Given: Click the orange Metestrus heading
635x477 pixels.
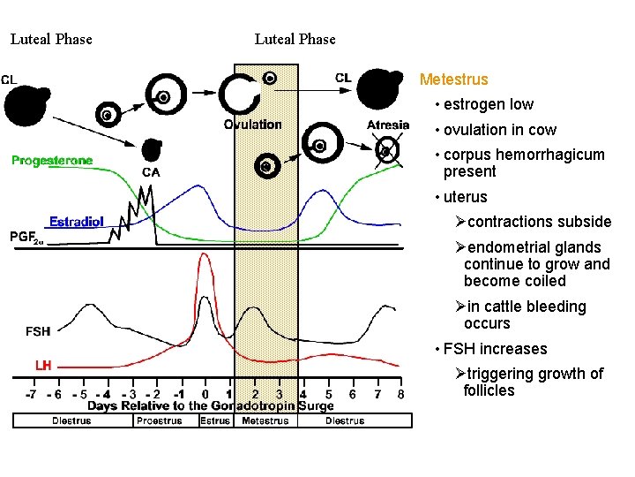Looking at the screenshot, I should point(453,79).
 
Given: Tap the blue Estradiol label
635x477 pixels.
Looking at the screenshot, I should point(77,221).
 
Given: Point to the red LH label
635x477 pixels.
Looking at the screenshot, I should point(43,364).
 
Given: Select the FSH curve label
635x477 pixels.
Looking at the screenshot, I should point(38,331).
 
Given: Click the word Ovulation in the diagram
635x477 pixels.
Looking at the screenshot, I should point(252,125).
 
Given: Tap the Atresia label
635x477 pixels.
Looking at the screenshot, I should point(388,125).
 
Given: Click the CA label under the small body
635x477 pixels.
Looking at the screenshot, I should point(151,172).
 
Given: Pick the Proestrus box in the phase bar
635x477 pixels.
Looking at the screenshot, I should point(159,421).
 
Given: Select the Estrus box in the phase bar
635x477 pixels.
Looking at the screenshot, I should point(214,421).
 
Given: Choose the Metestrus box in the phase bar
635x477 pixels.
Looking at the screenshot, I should point(265,421).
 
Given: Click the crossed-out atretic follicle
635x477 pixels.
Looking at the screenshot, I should point(384,151).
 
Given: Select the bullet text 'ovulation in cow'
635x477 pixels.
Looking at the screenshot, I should point(499,130).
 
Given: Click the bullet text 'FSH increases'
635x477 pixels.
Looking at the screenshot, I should point(495,349).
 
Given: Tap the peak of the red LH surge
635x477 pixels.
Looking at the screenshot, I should point(204,255).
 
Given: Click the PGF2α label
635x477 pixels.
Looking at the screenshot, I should point(26,238).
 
